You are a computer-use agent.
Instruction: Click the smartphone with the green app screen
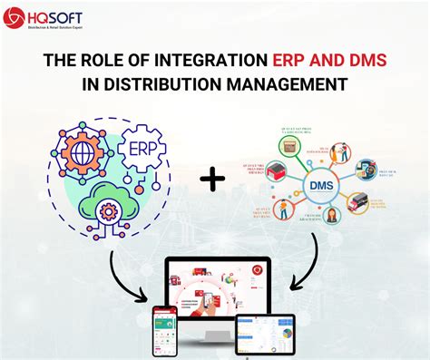[163, 332]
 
